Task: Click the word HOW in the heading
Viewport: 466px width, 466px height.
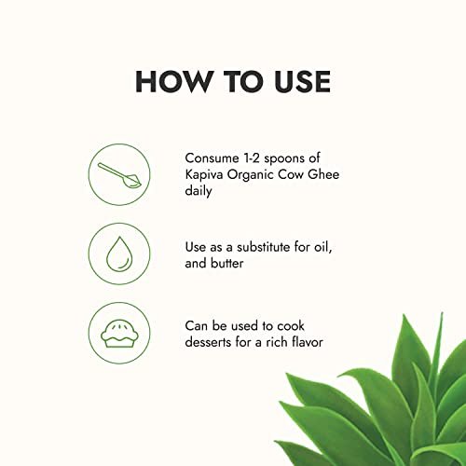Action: pos(172,82)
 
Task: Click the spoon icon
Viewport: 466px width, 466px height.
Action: pos(119,175)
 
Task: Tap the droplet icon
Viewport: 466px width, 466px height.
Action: pos(119,254)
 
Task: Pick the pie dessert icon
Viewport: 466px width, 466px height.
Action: pos(119,335)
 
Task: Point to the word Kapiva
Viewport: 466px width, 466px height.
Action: pos(204,175)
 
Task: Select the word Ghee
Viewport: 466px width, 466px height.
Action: pos(323,174)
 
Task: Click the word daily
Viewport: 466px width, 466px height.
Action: pos(199,190)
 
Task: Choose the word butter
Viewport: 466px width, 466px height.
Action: pos(227,264)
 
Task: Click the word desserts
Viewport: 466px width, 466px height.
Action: pos(208,342)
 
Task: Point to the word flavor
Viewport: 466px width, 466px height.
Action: pos(308,342)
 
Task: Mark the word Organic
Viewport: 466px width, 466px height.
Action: pos(251,175)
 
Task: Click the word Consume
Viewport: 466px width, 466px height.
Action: pos(212,158)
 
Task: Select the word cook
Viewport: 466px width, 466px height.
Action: pos(291,326)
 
